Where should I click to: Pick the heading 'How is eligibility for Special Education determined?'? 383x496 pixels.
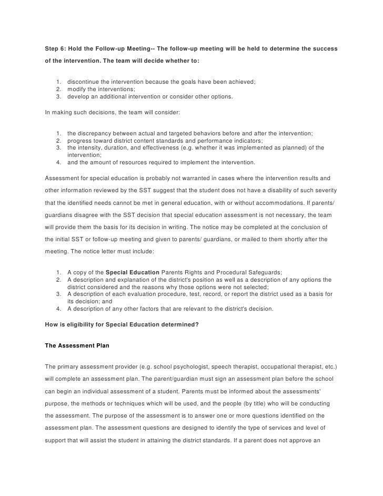point(122,324)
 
